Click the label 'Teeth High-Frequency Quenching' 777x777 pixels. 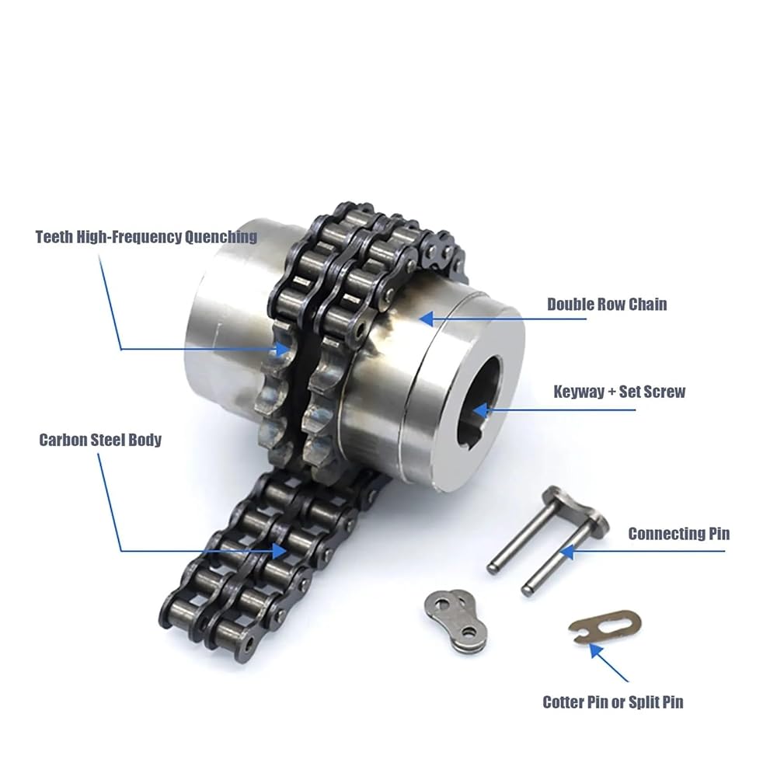[146, 237]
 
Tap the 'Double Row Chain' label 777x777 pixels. [607, 305]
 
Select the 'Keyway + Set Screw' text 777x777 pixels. [619, 392]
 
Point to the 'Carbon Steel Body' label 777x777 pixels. [100, 440]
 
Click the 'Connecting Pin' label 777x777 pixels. [679, 534]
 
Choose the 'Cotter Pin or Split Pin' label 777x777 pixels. [613, 702]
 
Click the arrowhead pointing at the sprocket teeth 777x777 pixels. [283, 350]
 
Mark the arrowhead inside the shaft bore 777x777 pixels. [481, 410]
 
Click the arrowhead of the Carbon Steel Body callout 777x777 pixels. [279, 551]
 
